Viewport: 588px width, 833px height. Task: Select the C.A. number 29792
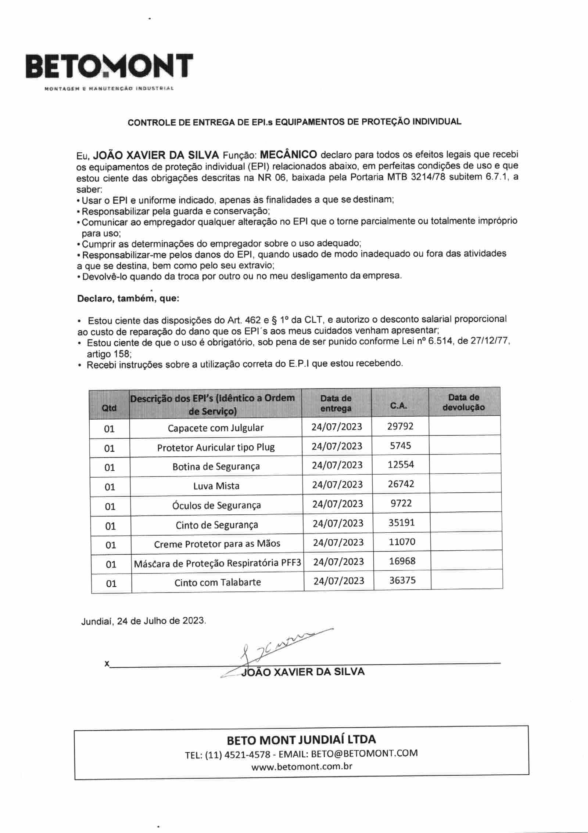tap(400, 426)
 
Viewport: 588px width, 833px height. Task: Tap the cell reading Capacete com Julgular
tap(216, 428)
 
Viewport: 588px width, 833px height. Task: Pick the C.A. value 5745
tap(401, 446)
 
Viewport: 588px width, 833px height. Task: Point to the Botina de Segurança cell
tap(216, 467)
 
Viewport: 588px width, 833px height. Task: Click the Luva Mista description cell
tap(216, 486)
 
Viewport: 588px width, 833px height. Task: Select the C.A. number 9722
tap(401, 503)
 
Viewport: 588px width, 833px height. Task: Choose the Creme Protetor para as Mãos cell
tap(217, 544)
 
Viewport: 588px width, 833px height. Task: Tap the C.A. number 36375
tap(402, 580)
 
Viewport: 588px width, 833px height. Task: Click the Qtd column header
tap(109, 408)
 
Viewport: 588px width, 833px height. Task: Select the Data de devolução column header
tap(464, 402)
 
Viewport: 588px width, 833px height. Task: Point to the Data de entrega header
tap(336, 403)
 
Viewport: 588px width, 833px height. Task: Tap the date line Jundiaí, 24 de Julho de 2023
tap(144, 621)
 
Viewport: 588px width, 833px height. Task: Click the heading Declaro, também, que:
tap(128, 298)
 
